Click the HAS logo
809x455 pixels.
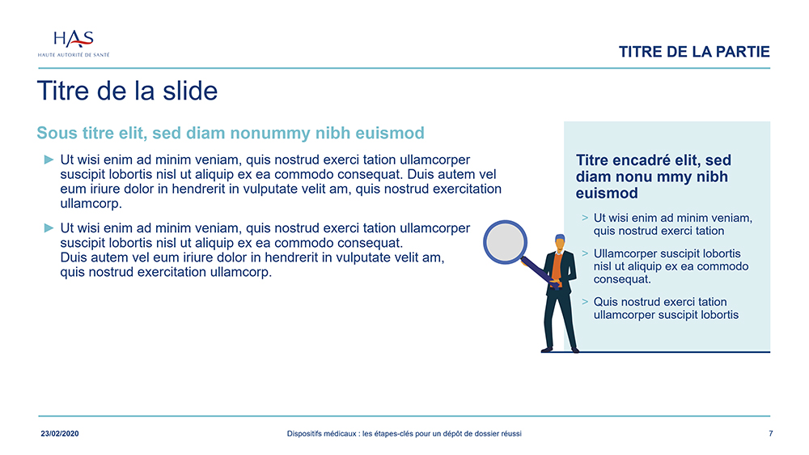pos(74,44)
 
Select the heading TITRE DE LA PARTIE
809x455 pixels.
pos(694,52)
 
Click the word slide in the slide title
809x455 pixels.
pos(190,91)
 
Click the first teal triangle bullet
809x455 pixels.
pos(49,159)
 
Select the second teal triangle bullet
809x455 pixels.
pos(49,227)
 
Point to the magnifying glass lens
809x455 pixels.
pos(505,242)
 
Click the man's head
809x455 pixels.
pos(560,243)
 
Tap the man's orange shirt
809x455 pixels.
pos(557,266)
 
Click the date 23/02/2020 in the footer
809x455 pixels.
pos(60,434)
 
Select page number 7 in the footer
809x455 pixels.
pos(771,434)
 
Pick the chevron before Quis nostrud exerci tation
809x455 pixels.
pos(585,302)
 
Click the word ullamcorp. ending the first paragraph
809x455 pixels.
pos(91,204)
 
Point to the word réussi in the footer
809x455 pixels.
pos(510,434)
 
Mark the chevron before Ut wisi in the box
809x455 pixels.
pos(585,218)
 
